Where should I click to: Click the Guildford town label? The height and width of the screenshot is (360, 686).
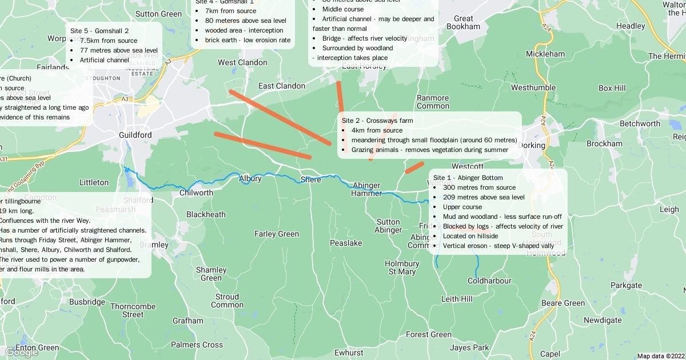click(135, 135)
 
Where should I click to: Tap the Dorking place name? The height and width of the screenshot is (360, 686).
click(532, 145)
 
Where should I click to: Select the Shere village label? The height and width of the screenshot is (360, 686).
click(311, 180)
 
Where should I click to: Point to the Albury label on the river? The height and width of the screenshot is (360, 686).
click(250, 179)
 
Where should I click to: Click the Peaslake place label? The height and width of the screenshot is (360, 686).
click(346, 243)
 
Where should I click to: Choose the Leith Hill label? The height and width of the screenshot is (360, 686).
click(457, 299)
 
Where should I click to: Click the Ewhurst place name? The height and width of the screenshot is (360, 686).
click(349, 353)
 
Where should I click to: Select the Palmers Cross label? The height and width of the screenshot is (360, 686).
click(197, 345)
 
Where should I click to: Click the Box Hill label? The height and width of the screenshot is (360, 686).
click(612, 88)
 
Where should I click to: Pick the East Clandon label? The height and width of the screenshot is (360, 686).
click(282, 86)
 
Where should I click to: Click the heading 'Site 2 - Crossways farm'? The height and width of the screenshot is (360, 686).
click(377, 121)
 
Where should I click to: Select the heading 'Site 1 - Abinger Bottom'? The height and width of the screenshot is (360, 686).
click(468, 178)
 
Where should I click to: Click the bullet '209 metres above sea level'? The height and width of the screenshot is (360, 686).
click(484, 197)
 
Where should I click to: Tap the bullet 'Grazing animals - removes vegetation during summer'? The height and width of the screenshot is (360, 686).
click(429, 150)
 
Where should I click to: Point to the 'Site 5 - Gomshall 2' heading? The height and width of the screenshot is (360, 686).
click(99, 31)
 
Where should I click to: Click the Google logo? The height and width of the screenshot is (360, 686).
click(21, 352)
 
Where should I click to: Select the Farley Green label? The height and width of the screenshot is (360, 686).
click(277, 234)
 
